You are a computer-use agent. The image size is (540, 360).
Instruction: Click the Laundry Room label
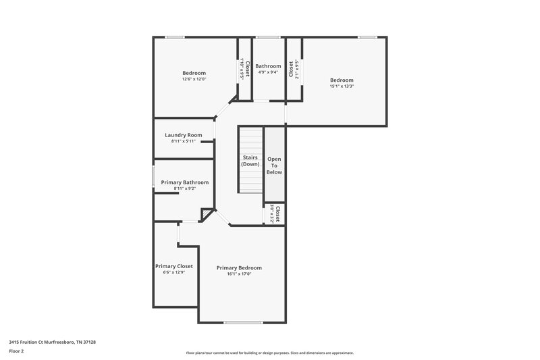coord(184,135)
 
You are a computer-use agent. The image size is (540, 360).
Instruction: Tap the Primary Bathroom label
coord(185,182)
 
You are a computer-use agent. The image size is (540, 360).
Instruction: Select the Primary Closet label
coord(174,266)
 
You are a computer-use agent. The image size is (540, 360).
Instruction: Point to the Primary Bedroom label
coord(239,268)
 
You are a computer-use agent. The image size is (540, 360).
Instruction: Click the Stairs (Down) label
coord(250,161)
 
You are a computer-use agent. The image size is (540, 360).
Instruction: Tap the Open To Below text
coord(274,165)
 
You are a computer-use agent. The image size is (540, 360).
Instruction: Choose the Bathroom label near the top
coord(268,66)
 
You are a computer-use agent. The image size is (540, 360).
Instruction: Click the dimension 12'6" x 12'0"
coord(194,79)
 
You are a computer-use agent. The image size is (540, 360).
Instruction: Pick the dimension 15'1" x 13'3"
coord(342,86)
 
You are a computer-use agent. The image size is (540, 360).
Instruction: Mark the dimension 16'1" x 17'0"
coord(239,274)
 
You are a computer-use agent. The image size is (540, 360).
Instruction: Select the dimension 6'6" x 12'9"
coord(174,272)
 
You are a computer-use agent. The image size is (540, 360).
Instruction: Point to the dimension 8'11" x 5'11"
coord(184,141)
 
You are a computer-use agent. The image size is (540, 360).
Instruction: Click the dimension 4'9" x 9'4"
coord(268,72)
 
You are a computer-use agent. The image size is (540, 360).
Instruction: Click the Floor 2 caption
coord(17,351)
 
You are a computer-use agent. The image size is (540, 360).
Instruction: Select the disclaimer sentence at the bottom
coord(270,353)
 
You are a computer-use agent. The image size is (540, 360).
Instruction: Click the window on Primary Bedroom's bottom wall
coord(243,322)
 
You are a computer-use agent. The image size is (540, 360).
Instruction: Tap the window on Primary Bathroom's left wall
coord(153,176)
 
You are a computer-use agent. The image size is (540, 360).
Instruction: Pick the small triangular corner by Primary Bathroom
coord(207,215)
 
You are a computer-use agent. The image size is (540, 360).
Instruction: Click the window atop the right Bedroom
coord(367,37)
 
